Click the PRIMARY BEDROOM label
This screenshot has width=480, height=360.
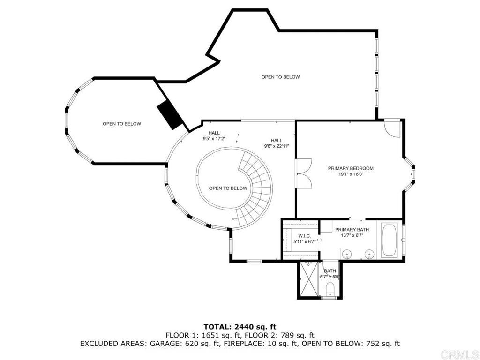[x=351, y=168]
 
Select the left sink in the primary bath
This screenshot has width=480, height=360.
[x=347, y=255]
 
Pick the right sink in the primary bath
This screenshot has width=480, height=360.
[x=369, y=255]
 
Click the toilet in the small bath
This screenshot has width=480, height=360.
[x=330, y=287]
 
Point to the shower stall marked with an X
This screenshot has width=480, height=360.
[x=309, y=279]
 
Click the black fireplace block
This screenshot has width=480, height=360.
[x=169, y=115]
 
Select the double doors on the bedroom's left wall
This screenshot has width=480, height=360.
[x=304, y=174]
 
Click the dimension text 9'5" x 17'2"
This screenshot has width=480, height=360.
[x=214, y=139]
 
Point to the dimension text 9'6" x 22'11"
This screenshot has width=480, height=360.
[x=276, y=146]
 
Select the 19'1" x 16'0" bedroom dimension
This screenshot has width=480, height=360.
[x=351, y=174]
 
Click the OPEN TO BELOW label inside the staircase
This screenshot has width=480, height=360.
[x=228, y=188]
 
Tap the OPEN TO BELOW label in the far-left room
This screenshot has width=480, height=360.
[x=122, y=124]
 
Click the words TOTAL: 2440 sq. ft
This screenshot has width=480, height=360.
[x=240, y=326]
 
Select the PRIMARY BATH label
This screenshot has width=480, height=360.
[x=352, y=230]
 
